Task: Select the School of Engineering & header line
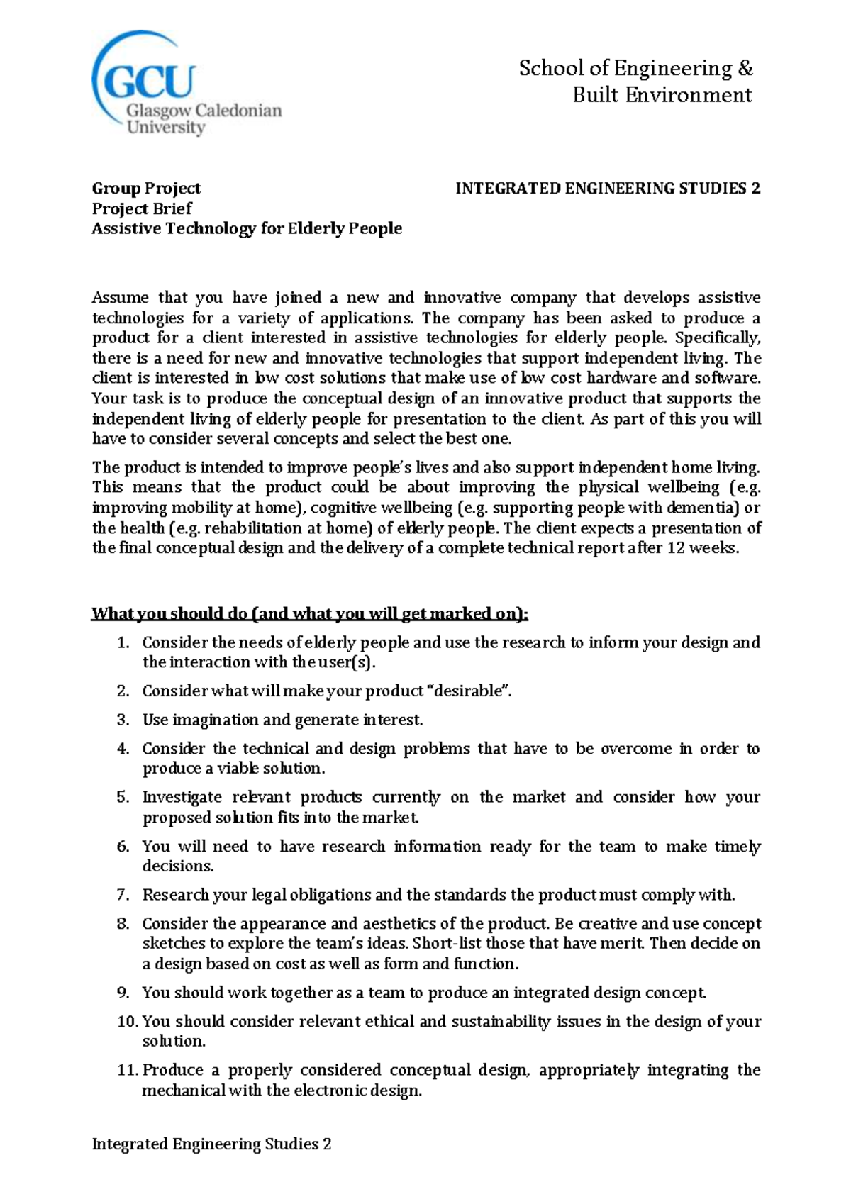[635, 69]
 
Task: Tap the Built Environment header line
[662, 95]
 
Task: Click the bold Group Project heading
[146, 188]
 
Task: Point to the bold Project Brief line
[142, 208]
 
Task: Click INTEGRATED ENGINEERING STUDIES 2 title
[607, 188]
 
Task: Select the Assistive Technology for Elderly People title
[247, 228]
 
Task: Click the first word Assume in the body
[120, 297]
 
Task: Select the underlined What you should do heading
[309, 613]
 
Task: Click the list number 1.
[123, 642]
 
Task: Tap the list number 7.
[123, 895]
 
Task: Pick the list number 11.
[127, 1070]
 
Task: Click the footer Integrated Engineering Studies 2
[211, 1144]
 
